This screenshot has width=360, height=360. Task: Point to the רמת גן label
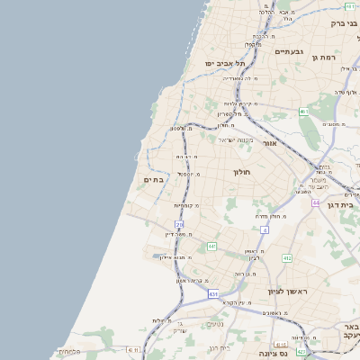[323, 58]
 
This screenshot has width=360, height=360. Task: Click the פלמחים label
[70, 352]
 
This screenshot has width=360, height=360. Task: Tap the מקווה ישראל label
[236, 139]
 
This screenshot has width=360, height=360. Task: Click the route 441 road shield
[211, 246]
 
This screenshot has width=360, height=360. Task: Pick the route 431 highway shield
[213, 293]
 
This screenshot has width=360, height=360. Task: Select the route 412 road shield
[287, 258]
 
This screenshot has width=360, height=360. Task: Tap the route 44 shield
[316, 202]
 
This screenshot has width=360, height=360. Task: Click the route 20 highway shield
[179, 224]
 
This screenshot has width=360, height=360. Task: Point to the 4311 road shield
[134, 349]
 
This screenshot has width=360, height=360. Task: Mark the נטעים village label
[215, 324]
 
